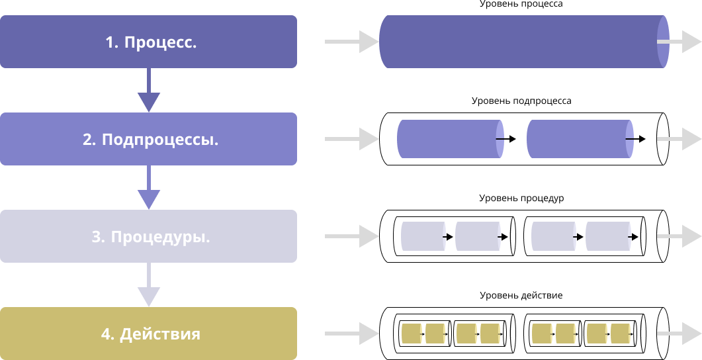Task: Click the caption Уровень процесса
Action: pos(521,4)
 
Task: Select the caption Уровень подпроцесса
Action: pos(521,101)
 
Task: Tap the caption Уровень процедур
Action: pos(521,198)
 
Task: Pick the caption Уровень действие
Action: pos(521,295)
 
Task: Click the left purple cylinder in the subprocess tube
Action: pos(447,139)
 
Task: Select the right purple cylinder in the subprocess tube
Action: pos(576,139)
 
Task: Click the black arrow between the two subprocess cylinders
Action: pos(507,139)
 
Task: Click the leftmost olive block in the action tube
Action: pos(411,334)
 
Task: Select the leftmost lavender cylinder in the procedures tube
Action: pos(421,236)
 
